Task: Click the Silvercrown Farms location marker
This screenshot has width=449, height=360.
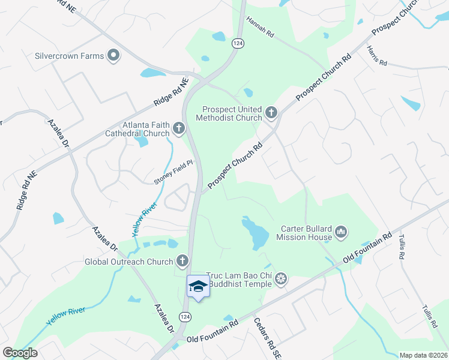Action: [x=113, y=56]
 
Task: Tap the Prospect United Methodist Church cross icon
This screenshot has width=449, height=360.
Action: [x=271, y=112]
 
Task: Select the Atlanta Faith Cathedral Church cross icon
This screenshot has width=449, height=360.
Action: [x=178, y=128]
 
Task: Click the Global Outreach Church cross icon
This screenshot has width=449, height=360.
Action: [x=182, y=261]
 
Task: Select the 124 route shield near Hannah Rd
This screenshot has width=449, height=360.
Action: [x=238, y=43]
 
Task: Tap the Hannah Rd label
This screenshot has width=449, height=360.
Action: [x=259, y=28]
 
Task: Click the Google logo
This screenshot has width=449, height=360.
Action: [x=19, y=353]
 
